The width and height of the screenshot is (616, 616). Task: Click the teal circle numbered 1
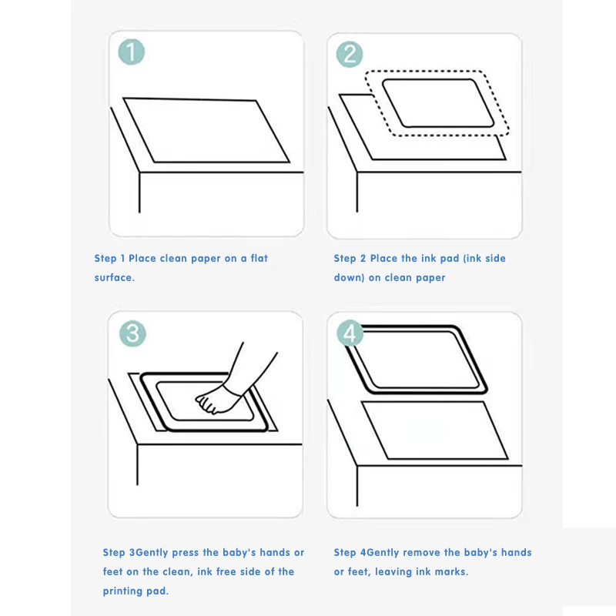click(131, 52)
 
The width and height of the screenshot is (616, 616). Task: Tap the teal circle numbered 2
click(350, 54)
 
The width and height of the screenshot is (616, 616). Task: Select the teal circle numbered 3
click(132, 334)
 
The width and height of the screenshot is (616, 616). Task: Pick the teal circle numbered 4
click(350, 333)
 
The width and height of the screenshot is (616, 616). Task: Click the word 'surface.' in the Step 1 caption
click(114, 277)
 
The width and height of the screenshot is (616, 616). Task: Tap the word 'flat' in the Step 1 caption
click(259, 258)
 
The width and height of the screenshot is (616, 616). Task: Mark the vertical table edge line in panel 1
click(139, 192)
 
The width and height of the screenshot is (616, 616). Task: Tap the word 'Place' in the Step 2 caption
click(383, 258)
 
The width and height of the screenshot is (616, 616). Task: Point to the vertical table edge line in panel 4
click(357, 486)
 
